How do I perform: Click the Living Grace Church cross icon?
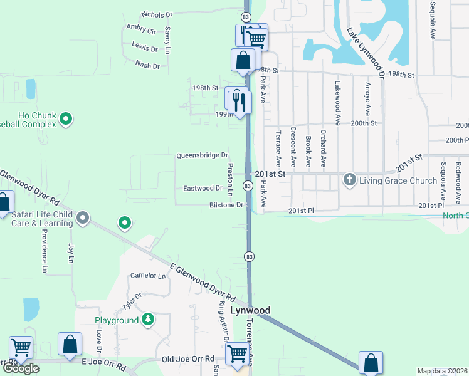tap(349, 180)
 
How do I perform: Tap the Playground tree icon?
tap(148, 320)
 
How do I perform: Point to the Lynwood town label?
tap(250, 310)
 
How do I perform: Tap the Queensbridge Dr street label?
tap(202, 155)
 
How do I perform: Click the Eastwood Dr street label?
tap(203, 188)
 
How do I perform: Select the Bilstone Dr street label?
tap(226, 205)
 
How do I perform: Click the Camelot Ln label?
tap(147, 276)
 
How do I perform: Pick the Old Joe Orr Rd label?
tap(188, 359)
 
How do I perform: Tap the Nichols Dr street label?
tap(157, 14)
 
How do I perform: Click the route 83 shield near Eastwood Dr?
tap(248, 186)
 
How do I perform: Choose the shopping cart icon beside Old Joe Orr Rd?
tap(236, 354)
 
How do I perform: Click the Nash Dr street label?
tap(147, 65)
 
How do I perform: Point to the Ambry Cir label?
tap(140, 29)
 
